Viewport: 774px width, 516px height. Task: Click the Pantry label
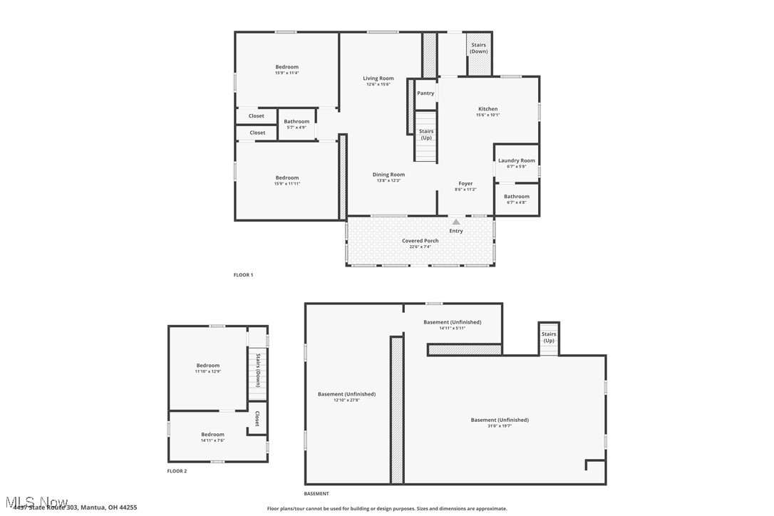pyautogui.click(x=425, y=93)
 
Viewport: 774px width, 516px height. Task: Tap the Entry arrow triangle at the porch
pyautogui.click(x=456, y=222)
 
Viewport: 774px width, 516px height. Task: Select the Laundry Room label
pyautogui.click(x=517, y=160)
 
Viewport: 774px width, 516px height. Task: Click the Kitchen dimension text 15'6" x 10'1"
pyautogui.click(x=488, y=115)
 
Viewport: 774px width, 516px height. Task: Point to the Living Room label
pyautogui.click(x=378, y=78)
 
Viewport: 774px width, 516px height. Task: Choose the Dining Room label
pyautogui.click(x=388, y=175)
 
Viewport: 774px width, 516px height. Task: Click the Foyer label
pyautogui.click(x=465, y=184)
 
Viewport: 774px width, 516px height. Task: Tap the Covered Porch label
pyautogui.click(x=420, y=241)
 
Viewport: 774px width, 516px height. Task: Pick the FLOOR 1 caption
pyautogui.click(x=243, y=275)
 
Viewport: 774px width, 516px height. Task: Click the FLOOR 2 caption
pyautogui.click(x=177, y=471)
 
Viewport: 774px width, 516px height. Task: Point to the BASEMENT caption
pyautogui.click(x=316, y=494)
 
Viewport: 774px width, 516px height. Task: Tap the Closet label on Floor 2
pyautogui.click(x=257, y=419)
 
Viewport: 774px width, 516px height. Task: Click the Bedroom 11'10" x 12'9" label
pyautogui.click(x=208, y=366)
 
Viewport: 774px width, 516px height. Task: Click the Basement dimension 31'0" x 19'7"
pyautogui.click(x=500, y=425)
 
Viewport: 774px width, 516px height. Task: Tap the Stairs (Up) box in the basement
pyautogui.click(x=549, y=339)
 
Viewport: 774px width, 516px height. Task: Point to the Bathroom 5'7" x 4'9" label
pyautogui.click(x=296, y=122)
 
